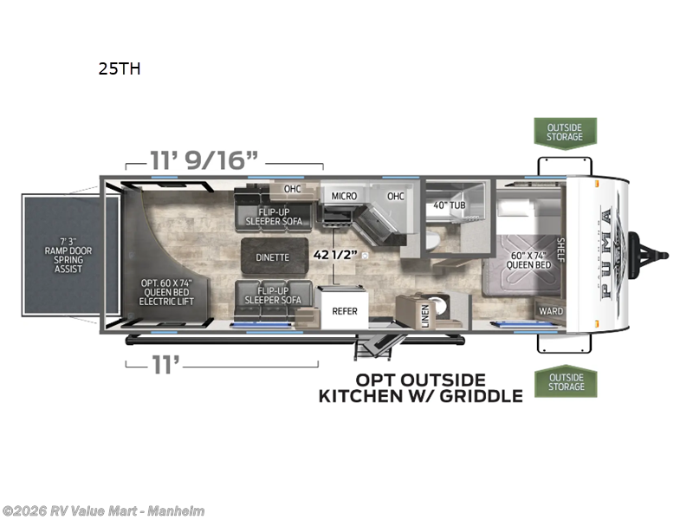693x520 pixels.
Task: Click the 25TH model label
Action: pos(120,70)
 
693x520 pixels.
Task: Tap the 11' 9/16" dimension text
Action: pos(204,161)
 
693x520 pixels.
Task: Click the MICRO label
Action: pos(344,196)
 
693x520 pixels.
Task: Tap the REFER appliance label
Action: pos(344,310)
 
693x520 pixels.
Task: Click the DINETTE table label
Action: pos(272,257)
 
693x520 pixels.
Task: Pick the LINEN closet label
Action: pos(425,316)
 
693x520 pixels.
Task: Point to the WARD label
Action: pos(550,311)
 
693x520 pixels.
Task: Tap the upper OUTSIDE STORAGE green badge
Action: pos(565,132)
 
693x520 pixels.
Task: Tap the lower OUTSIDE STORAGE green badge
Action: pos(565,381)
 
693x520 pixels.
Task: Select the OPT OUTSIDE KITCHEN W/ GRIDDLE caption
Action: pos(421,387)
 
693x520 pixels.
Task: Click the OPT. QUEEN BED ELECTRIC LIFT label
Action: pos(167,292)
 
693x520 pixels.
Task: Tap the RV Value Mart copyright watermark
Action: pos(103,510)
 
